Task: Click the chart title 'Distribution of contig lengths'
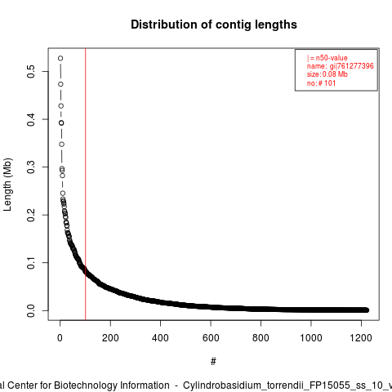tap(214, 24)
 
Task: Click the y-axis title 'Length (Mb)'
tap(8, 185)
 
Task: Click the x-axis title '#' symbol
tap(213, 362)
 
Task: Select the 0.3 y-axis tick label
tap(31, 167)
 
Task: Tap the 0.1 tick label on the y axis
tap(31, 262)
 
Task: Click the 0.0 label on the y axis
tap(31, 310)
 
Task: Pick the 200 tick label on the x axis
tap(110, 338)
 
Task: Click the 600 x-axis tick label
tap(211, 338)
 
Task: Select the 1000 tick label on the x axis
tap(311, 338)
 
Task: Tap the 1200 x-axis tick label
tap(361, 338)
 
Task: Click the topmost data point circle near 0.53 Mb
tap(60, 58)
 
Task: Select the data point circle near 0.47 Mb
tap(60, 84)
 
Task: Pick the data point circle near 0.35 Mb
tap(62, 144)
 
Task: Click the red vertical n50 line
tap(86, 184)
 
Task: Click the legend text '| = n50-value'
tap(327, 58)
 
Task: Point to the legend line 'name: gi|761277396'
tap(341, 66)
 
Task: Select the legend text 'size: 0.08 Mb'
tap(327, 74)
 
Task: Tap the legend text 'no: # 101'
tap(321, 82)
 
